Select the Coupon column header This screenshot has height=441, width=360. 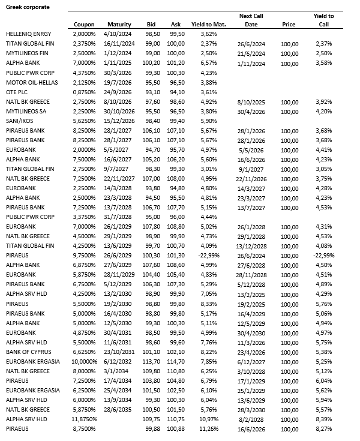pos(84,24)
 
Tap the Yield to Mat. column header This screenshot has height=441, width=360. pos(207,24)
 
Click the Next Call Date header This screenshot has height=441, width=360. pos(251,20)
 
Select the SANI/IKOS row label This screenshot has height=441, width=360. pos(19,121)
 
